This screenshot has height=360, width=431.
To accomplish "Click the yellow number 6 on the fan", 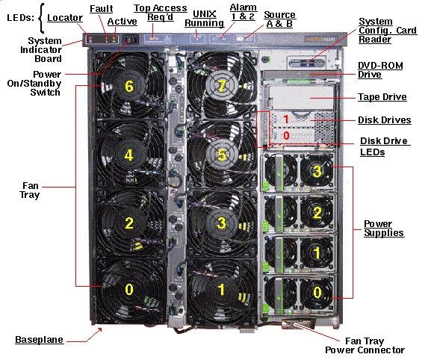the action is (129, 87).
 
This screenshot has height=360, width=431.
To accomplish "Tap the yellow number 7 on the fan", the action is (222, 87).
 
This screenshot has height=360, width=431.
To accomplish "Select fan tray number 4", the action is (128, 155).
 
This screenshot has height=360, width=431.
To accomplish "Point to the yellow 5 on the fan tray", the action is (222, 155).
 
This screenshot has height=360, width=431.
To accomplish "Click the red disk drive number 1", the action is (286, 120).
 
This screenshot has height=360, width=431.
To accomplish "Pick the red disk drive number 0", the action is (286, 135).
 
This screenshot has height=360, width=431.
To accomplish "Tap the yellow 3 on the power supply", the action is (317, 171).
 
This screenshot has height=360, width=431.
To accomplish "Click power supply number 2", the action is (317, 213).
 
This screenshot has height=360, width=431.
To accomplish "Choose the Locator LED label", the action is (65, 18).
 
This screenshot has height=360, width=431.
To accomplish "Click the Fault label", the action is (102, 9).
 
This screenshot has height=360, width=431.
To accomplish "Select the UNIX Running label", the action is (204, 19).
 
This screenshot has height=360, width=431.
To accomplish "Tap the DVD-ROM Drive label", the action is (380, 69).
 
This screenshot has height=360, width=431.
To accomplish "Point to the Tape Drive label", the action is (382, 97).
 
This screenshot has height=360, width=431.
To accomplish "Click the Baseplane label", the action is (39, 340).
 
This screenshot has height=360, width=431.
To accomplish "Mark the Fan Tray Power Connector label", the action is (365, 345).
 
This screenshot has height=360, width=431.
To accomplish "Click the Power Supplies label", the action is (384, 228).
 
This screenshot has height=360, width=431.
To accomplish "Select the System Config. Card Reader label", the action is (388, 30).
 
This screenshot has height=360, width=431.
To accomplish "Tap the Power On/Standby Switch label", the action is (34, 83).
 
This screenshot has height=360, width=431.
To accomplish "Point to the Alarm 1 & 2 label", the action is (244, 12).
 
